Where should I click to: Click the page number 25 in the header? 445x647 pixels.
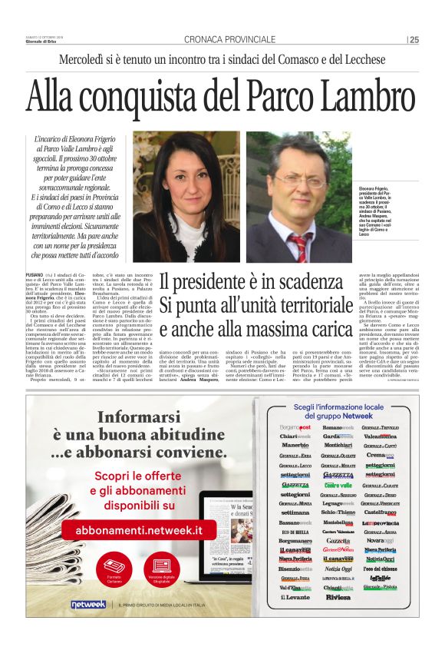[x=414, y=39]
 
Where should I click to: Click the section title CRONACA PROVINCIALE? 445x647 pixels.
[x=229, y=39]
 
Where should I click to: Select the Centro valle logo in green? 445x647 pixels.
[x=338, y=485]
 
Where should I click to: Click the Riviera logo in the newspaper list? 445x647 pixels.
[x=338, y=596]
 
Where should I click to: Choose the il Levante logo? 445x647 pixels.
[x=295, y=596]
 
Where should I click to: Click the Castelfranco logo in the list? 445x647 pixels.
[x=381, y=512]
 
